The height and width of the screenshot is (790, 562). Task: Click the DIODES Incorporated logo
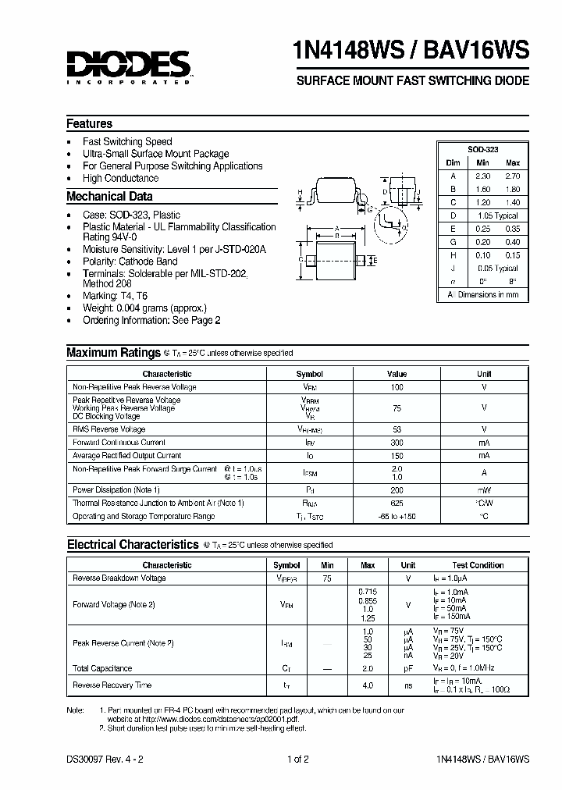coord(128,66)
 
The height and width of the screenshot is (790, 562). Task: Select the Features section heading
coord(89,123)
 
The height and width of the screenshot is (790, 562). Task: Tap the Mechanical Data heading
coord(109,197)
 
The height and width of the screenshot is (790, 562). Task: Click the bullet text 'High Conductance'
coord(120,178)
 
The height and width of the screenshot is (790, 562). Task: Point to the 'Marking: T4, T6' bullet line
coord(115,297)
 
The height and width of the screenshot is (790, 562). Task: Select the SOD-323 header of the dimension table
coord(482,148)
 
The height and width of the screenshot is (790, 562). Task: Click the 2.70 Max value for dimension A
coord(512,176)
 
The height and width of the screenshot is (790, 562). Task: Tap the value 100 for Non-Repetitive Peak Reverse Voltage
coord(397,387)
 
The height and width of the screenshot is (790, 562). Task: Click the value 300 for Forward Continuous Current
coord(397,443)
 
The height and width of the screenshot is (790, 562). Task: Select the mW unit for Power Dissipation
coord(484,489)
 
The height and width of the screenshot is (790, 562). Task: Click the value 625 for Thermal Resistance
coord(397,503)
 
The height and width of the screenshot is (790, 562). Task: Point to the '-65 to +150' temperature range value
coord(397,517)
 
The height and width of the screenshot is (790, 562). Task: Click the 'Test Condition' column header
coord(477,565)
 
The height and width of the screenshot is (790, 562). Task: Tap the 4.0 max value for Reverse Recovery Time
coord(368,685)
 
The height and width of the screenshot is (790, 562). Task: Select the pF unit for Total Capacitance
coord(407,668)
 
